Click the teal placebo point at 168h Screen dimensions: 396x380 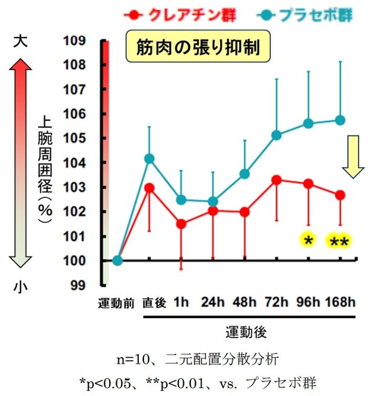coord(340,120)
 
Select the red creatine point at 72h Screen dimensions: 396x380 coord(276,180)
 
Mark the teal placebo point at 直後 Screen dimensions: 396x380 coord(149,158)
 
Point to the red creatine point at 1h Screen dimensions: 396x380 coord(181,224)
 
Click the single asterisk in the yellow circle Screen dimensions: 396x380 coord(307,240)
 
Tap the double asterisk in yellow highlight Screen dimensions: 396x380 coord(340,242)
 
